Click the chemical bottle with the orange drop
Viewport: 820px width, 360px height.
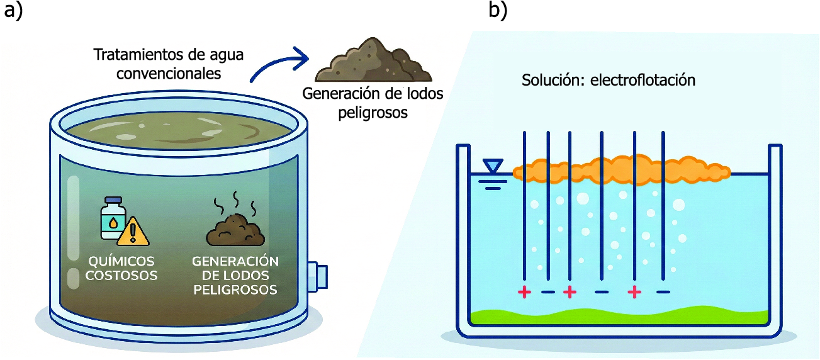[112, 218]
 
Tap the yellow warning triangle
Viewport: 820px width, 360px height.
[134, 231]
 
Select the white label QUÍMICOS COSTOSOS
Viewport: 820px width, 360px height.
[123, 268]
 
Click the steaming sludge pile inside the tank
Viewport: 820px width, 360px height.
[236, 228]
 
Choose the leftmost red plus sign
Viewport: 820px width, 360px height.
[524, 292]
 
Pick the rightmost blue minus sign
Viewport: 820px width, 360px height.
[663, 292]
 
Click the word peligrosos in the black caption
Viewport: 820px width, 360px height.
[373, 113]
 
